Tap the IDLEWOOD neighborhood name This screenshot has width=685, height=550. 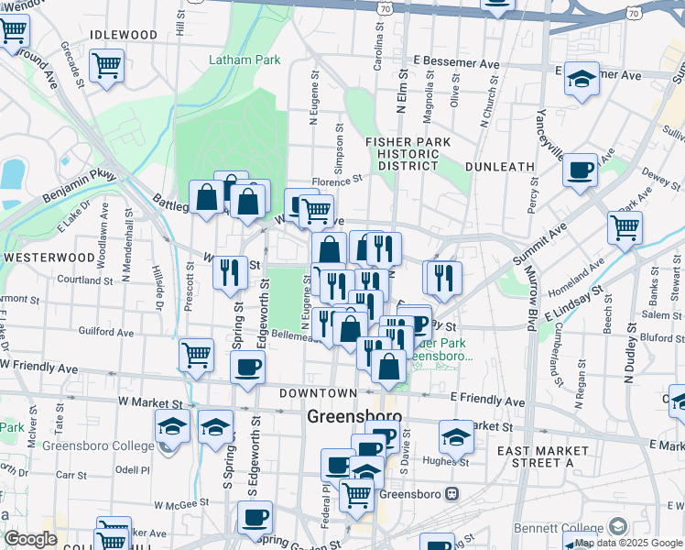(x=125, y=35)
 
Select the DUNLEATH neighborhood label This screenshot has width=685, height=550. (x=499, y=167)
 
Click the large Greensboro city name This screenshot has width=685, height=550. (x=354, y=415)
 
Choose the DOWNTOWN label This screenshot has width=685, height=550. (x=318, y=392)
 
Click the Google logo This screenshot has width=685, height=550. (x=31, y=539)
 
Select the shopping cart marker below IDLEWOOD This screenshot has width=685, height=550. (x=107, y=65)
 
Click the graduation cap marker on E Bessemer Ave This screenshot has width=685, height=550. (x=581, y=79)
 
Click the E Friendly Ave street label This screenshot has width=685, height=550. (x=487, y=401)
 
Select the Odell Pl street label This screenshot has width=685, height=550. (x=132, y=469)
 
